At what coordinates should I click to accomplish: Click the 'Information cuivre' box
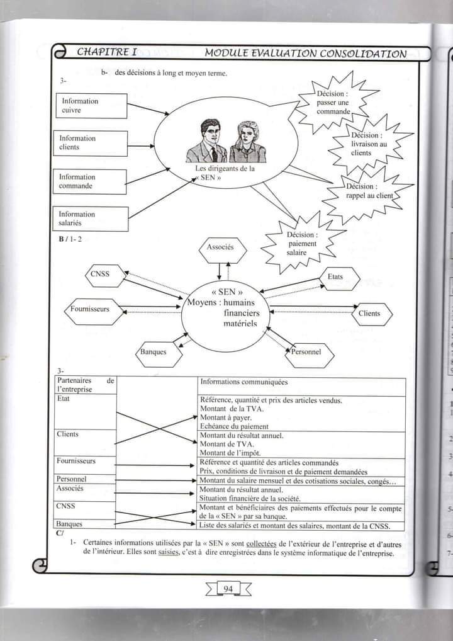tap(91, 106)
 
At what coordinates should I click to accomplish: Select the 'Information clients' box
tap(91, 143)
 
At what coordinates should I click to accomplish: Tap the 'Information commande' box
tap(91, 181)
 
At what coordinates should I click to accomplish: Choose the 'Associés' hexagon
tap(220, 247)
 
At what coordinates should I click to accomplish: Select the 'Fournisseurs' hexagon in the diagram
tap(90, 310)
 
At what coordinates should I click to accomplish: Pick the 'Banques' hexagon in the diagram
tap(154, 352)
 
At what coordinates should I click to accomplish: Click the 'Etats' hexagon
tap(335, 277)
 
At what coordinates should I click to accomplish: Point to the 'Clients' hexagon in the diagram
tap(369, 313)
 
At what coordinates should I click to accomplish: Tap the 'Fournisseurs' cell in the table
tap(76, 461)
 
